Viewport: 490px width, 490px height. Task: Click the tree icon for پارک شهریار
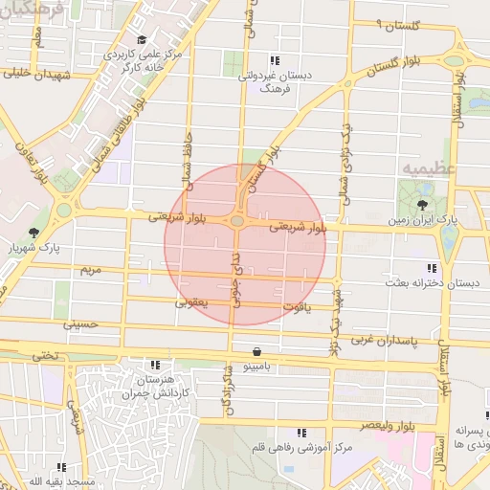point(34,233)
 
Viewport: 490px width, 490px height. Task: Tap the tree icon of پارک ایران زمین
point(423,205)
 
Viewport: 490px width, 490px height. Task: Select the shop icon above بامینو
point(256,352)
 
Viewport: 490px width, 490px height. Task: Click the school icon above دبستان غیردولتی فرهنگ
point(276,59)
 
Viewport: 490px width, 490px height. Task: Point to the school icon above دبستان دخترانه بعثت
point(431,268)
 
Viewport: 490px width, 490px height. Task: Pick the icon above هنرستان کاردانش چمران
point(154,364)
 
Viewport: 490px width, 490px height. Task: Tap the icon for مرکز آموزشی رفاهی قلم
point(301,433)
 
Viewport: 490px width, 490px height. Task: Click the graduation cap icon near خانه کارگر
point(143,40)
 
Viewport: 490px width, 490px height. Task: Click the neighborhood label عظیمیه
point(422,169)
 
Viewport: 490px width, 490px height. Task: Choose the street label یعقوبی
point(191,302)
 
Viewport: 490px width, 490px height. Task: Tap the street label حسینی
point(80,323)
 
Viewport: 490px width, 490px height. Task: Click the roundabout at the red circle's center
point(236,221)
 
